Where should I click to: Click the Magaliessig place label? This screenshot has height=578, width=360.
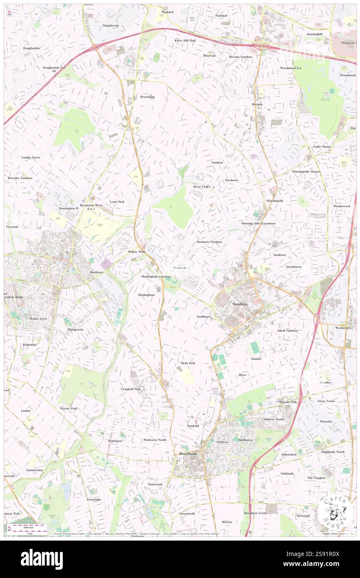(111, 25)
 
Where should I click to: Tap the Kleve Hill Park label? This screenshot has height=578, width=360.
(185, 40)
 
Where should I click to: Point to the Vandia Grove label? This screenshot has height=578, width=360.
(31, 158)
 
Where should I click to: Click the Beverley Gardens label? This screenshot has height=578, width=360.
(20, 178)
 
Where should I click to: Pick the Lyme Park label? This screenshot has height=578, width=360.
(117, 201)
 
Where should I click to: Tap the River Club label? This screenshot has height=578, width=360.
(200, 187)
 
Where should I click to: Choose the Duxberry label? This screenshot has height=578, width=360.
(232, 180)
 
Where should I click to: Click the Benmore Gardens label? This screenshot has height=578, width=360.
(210, 242)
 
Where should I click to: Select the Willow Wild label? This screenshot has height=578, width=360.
(136, 252)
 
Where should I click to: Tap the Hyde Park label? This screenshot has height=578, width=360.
(188, 363)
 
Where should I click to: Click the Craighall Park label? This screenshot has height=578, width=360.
(131, 389)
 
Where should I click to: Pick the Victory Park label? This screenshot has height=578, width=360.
(69, 408)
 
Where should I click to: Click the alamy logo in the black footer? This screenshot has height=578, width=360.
(42, 559)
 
